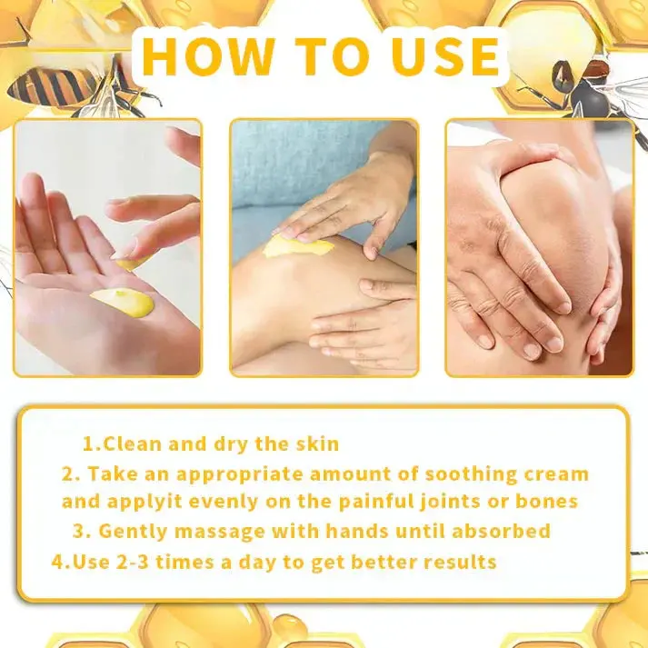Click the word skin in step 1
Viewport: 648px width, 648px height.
click(317, 444)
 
